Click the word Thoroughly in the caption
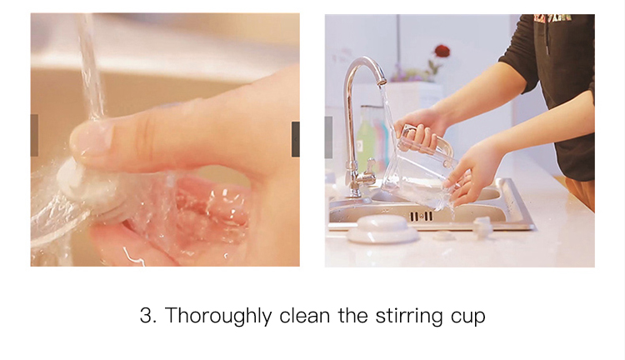218,316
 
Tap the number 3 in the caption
146,315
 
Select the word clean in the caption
304,315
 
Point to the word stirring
409,316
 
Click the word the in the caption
352,315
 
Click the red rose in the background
442,51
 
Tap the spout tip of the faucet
382,82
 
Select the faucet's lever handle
369,166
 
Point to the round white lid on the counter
382,229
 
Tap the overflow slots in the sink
422,217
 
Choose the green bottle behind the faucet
364,139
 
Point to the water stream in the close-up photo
91,66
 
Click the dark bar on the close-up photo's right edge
296,139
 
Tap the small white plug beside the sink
482,227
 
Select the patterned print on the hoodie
553,18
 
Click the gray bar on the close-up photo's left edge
34,135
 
